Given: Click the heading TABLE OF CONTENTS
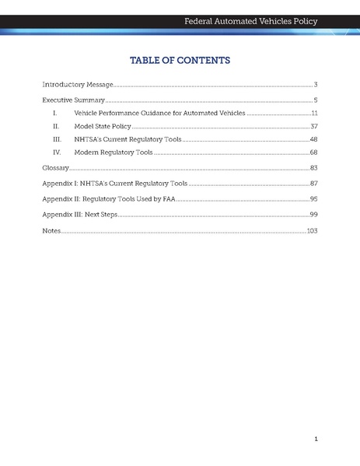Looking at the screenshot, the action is point(180,60).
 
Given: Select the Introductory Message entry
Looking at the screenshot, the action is point(78,84).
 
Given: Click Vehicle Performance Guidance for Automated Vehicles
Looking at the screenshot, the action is point(159,114).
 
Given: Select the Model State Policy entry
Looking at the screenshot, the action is point(102,126).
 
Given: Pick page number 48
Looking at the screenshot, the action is point(313,139).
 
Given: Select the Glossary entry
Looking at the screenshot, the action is point(56,168).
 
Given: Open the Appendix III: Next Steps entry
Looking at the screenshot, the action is point(79,214).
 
